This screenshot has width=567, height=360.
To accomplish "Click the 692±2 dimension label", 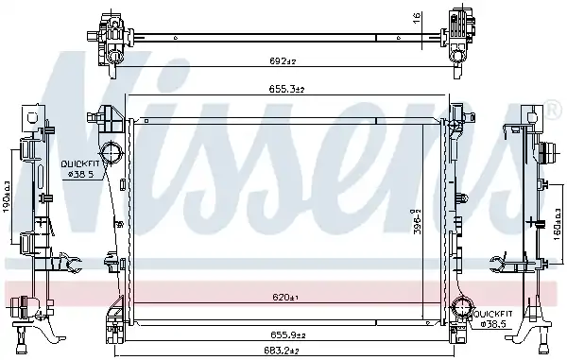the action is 283,60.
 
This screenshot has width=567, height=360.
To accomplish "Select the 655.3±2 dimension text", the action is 286,89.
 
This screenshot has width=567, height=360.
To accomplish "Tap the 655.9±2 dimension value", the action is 288,335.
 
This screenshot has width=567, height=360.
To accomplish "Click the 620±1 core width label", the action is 286,297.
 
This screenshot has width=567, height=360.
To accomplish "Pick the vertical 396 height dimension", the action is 417,221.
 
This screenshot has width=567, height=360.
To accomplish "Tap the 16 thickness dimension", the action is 417,17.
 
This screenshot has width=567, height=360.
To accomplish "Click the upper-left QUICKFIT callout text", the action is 80,163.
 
